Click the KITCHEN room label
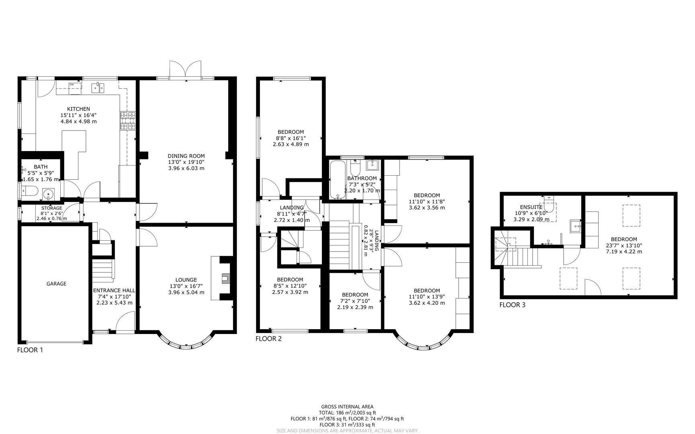coord(78,109)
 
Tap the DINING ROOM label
coord(186,156)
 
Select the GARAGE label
coord(56,284)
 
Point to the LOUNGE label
coord(186,280)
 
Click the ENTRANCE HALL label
coord(114,291)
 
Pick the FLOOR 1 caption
coord(30,350)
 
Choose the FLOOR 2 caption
coord(269,339)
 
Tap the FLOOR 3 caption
coord(512,305)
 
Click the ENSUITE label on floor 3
coord(531,207)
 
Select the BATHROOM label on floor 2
coord(362,178)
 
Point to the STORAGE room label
coord(51,208)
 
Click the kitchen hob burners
coord(128,121)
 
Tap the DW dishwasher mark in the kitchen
coord(72,84)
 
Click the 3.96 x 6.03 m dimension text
coord(186,168)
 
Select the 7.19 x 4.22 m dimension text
coord(624,252)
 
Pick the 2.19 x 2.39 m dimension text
coord(355,307)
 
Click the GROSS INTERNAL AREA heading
coord(347,407)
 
